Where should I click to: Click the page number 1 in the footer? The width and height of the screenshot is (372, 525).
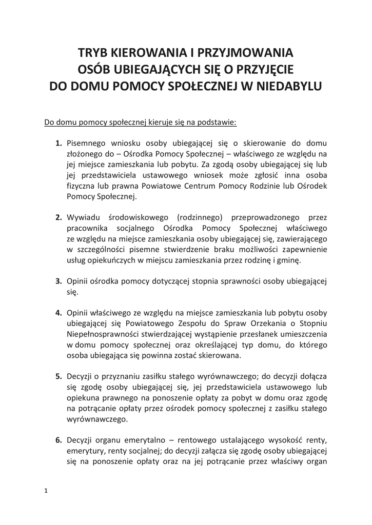click(46, 491)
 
